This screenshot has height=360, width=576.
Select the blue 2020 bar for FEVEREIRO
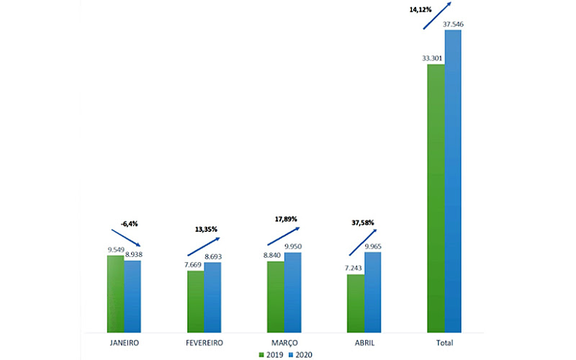click(x=212, y=297)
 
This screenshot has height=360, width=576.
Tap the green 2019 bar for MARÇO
click(x=275, y=297)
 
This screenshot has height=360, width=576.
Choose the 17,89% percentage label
click(x=285, y=219)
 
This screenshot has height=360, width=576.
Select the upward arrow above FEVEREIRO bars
click(x=204, y=246)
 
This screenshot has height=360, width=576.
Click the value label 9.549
click(x=116, y=250)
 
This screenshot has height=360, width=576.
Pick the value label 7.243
click(x=356, y=269)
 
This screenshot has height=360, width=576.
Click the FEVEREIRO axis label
click(x=204, y=343)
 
